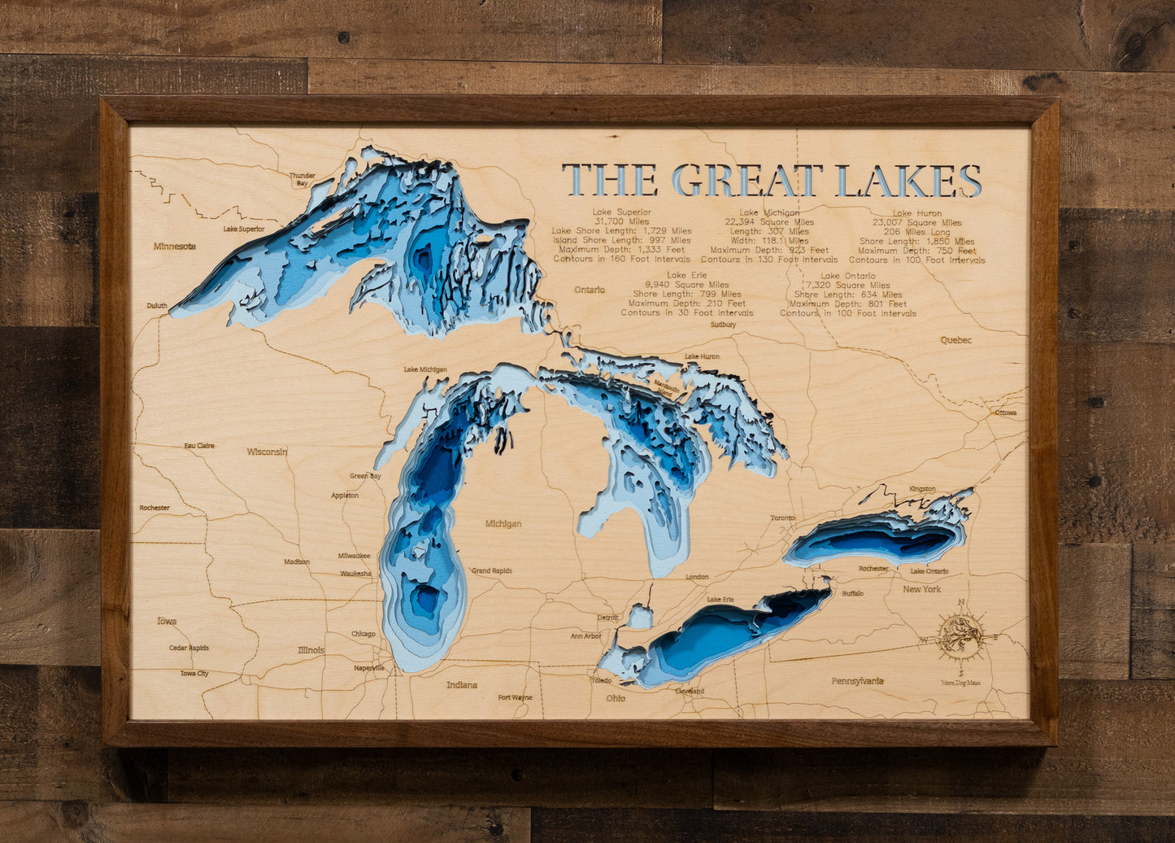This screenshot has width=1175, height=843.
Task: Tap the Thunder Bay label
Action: [302, 179]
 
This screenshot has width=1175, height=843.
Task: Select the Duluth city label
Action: [157, 306]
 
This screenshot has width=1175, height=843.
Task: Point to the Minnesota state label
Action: [175, 246]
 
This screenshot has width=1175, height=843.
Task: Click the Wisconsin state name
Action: [268, 452]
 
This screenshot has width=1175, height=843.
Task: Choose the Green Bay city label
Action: [365, 476]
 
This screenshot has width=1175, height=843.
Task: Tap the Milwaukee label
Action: [355, 556]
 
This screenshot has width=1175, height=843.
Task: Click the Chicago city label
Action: [363, 634]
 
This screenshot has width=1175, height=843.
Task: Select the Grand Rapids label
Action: [492, 571]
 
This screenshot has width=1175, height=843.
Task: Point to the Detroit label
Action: [607, 618]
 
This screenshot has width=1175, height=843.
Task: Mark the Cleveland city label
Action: [690, 692]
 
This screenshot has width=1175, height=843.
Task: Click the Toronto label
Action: [782, 518]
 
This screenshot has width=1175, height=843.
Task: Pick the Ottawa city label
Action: [1006, 413]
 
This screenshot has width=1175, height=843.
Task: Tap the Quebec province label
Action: [955, 340]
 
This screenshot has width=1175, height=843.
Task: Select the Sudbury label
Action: [723, 325]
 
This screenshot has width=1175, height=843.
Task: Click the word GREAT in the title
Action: [747, 180]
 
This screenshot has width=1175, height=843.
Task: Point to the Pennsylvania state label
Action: [857, 681]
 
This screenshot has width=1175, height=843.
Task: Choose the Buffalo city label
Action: [853, 593]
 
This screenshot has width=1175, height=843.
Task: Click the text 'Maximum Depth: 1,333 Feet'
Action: [621, 250]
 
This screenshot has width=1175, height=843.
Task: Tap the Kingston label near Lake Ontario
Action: [922, 489]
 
